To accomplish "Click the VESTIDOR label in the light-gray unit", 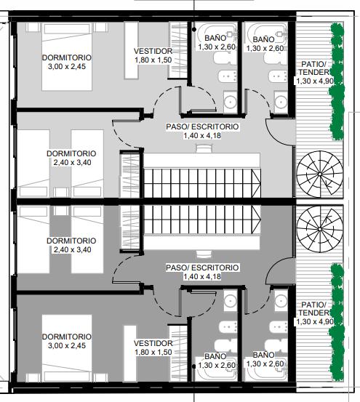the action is [x=153, y=51].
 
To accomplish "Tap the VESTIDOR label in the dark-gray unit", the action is [x=153, y=343].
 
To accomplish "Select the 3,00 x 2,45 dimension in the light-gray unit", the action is [x=67, y=67].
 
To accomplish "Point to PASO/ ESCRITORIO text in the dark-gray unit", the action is [x=202, y=268].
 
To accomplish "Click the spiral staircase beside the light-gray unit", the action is [x=320, y=174].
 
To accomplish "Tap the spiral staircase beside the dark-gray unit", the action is [x=320, y=229].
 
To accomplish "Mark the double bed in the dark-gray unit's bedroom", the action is [x=67, y=348].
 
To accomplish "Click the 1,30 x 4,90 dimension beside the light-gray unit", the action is [x=315, y=81].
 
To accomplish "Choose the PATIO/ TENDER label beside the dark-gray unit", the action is [x=314, y=309].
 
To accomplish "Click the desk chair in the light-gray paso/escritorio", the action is [x=204, y=148].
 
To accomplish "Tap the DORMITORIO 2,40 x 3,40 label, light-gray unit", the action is [x=71, y=158].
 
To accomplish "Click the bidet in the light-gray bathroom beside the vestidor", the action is [x=227, y=76].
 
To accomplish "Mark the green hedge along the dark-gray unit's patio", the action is [x=337, y=321].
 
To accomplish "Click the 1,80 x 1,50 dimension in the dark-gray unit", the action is [x=153, y=353].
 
